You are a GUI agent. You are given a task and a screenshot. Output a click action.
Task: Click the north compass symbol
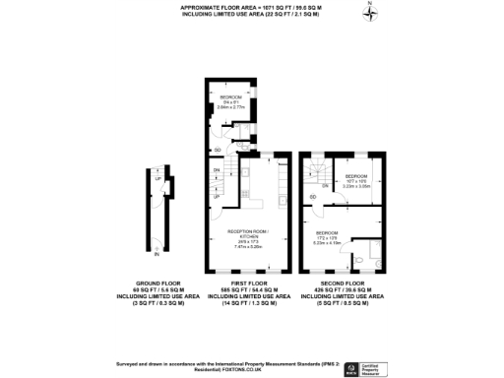click(x=369, y=12)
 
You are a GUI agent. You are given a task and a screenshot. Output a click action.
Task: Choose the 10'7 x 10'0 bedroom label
click(x=356, y=180)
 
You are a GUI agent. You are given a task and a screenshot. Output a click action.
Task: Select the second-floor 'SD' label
click(x=312, y=197)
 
